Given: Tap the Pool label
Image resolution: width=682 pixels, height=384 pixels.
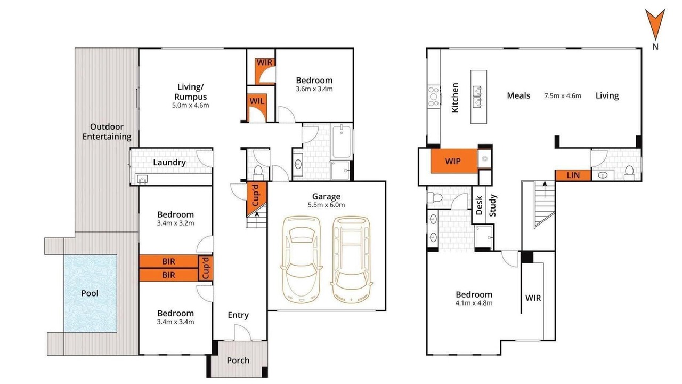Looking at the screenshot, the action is click(90, 293).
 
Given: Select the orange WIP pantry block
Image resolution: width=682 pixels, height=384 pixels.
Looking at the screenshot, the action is click(453, 161).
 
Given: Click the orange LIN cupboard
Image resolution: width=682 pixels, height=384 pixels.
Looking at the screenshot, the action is click(573, 175).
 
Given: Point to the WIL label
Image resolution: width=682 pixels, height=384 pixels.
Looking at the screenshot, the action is click(257, 101).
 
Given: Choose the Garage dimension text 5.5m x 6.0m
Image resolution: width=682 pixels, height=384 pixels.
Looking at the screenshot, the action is click(326, 205).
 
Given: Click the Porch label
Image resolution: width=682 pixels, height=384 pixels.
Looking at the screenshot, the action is click(238, 361).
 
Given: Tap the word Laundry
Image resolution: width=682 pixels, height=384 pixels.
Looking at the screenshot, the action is click(169, 163).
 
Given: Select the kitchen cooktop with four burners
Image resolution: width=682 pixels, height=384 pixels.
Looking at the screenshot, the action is click(434, 97).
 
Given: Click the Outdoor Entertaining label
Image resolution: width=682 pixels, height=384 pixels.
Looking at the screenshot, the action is click(107, 132).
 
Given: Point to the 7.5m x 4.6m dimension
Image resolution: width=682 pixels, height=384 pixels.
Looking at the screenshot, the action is click(563, 96).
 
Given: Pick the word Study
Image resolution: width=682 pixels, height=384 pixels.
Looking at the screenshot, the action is click(493, 205).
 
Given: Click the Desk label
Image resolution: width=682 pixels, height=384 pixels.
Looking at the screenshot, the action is click(479, 205).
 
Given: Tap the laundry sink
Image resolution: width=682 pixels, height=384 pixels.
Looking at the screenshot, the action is click(142, 179).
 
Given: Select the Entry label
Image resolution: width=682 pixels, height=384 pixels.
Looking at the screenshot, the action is click(238, 315).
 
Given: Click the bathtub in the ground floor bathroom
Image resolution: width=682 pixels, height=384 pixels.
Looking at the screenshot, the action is click(342, 141).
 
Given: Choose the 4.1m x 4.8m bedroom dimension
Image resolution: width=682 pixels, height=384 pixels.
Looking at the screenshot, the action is click(474, 303).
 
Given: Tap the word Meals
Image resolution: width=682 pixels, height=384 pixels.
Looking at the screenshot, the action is click(518, 95).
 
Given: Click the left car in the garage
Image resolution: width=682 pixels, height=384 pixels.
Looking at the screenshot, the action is click(301, 260).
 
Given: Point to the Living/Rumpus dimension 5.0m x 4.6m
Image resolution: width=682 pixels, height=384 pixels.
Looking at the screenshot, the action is click(191, 106).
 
